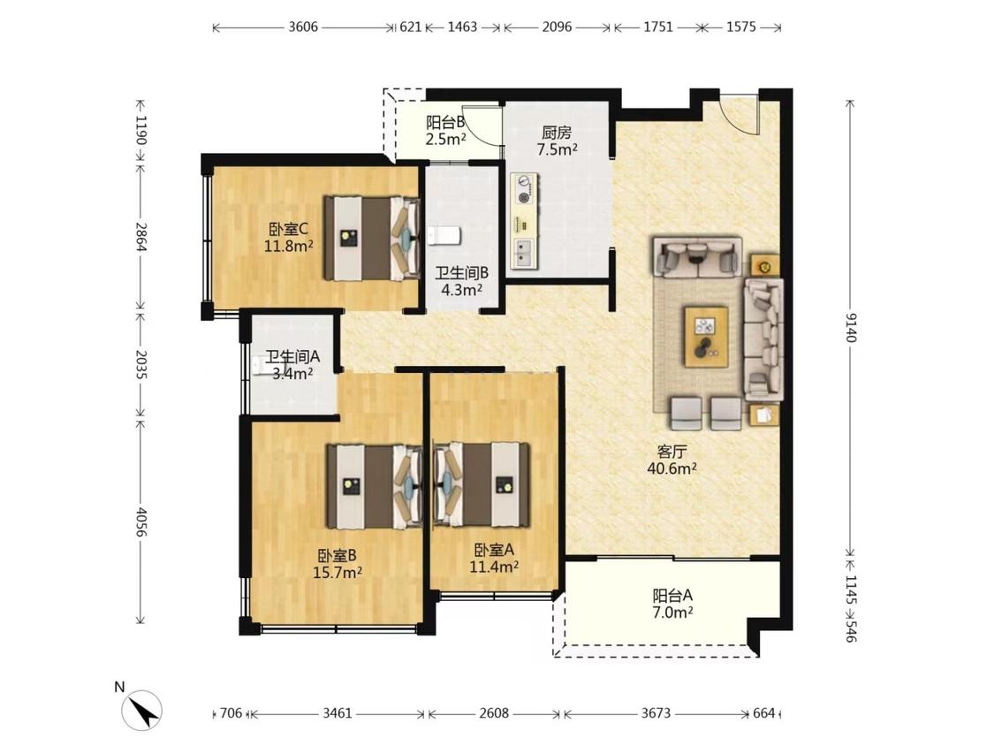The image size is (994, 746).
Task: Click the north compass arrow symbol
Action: click(142, 709)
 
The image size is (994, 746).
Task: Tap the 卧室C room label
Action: click(288, 228)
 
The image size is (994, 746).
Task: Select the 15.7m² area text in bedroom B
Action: click(338, 573)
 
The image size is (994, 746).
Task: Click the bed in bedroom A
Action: click(482, 484)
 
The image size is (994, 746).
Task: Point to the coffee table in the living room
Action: click(706, 336)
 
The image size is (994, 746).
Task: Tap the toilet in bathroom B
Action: click(444, 235)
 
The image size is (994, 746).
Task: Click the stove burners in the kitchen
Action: click(525, 189)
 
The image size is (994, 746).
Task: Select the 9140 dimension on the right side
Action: click(851, 327)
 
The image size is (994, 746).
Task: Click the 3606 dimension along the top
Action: click(303, 27)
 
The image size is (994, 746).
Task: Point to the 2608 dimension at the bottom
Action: click(494, 713)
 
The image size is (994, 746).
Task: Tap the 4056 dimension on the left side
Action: click(141, 521)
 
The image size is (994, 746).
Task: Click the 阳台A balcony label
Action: click(672, 596)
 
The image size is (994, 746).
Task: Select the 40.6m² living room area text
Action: click(672, 468)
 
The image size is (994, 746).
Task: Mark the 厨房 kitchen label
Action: click(557, 133)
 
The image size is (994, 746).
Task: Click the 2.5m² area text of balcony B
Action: click(446, 139)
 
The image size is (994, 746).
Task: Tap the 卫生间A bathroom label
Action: click(292, 357)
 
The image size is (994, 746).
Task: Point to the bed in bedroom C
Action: click(372, 238)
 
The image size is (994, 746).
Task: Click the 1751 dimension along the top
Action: click(658, 27)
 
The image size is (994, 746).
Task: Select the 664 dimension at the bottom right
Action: click(764, 713)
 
